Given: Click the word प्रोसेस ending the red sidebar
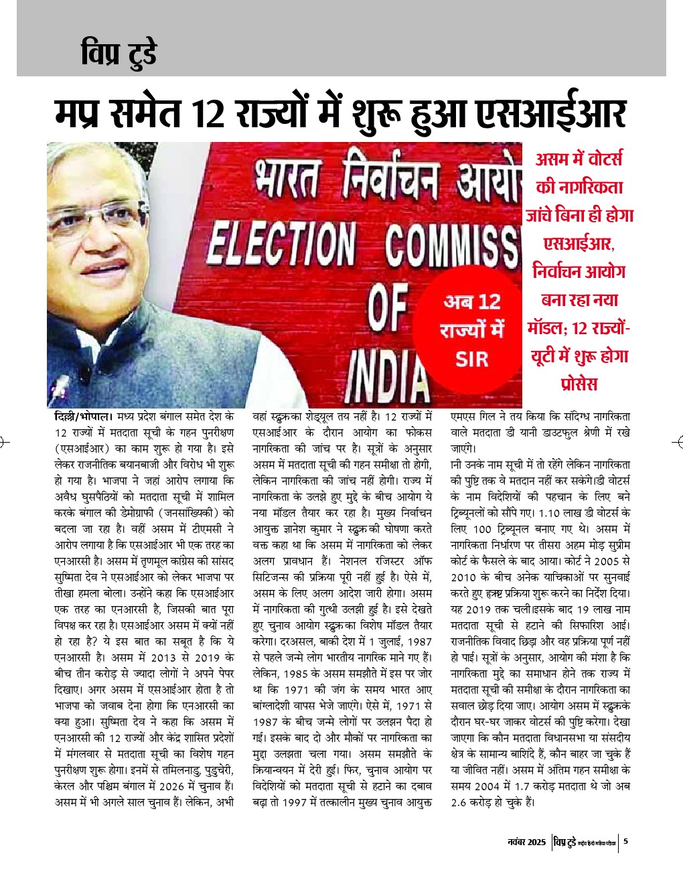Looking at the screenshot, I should [x=579, y=384].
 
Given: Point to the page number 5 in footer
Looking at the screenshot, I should [x=625, y=842].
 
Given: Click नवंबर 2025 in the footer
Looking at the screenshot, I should [x=527, y=842].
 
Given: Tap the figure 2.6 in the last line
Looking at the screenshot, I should [x=460, y=802].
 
